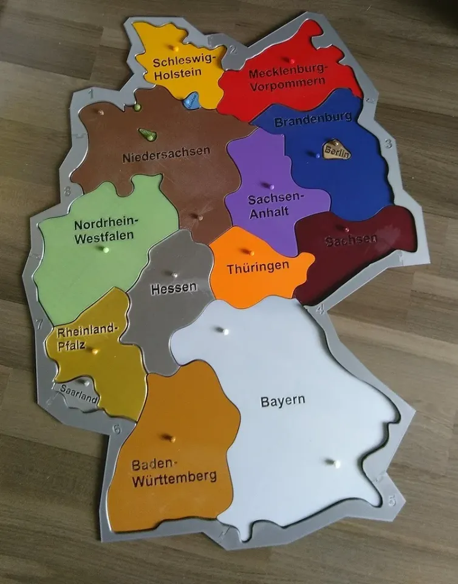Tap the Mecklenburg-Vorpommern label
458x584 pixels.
tap(287, 79)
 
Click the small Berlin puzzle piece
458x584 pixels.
tap(337, 150)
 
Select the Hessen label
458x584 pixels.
tap(173, 288)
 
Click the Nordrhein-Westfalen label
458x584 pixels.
tap(106, 231)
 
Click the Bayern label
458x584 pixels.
tap(282, 401)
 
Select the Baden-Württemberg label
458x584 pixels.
tap(173, 471)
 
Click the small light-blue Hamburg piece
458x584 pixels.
tap(192, 100)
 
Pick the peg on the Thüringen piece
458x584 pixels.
tap(248, 251)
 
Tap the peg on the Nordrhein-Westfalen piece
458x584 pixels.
tap(106, 249)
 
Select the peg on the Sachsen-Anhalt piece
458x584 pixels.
tap(271, 186)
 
